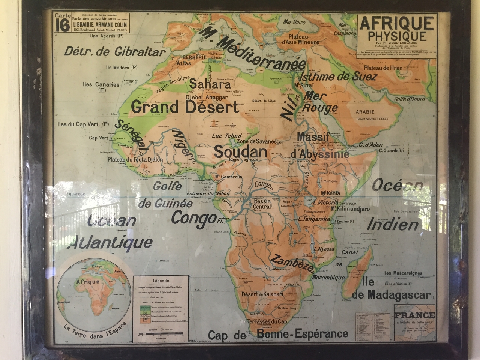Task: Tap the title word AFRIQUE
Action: click(x=397, y=24)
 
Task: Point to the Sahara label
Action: click(x=210, y=84)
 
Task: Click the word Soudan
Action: click(x=240, y=152)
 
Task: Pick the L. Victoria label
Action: click(x=327, y=202)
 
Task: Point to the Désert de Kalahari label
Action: click(x=262, y=294)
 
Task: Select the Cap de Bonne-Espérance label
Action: click(x=278, y=334)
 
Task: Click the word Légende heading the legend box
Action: click(x=160, y=280)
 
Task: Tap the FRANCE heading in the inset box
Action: click(x=414, y=315)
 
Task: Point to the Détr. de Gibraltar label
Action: click(x=114, y=52)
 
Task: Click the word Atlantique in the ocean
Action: click(x=112, y=243)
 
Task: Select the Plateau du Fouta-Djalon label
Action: click(x=135, y=160)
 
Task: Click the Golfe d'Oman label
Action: click(x=409, y=99)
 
